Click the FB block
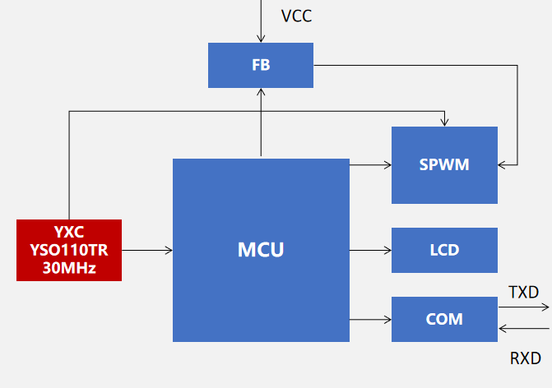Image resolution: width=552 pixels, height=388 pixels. tap(261, 65)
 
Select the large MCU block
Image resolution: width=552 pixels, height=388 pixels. tap(261, 250)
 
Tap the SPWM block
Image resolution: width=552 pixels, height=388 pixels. tap(444, 164)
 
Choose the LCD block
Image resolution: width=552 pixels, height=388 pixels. tap(444, 250)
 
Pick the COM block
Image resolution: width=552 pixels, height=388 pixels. tap(444, 319)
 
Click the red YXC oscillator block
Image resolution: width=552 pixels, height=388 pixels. tap(69, 250)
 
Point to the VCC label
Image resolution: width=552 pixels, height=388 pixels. tap(296, 16)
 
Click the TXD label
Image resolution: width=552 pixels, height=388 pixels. tap(523, 292)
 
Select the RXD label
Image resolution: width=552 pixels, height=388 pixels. tap(526, 358)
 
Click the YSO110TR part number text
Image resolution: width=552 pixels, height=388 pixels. tap(69, 250)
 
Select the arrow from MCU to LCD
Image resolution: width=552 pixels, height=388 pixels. tap(370, 250)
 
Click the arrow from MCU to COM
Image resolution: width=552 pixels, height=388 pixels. tap(370, 319)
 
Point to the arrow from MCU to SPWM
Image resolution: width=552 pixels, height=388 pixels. tap(370, 164)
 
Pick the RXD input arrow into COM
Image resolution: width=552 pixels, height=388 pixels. tap(524, 330)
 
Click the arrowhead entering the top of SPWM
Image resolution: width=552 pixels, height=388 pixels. tap(444, 122)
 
